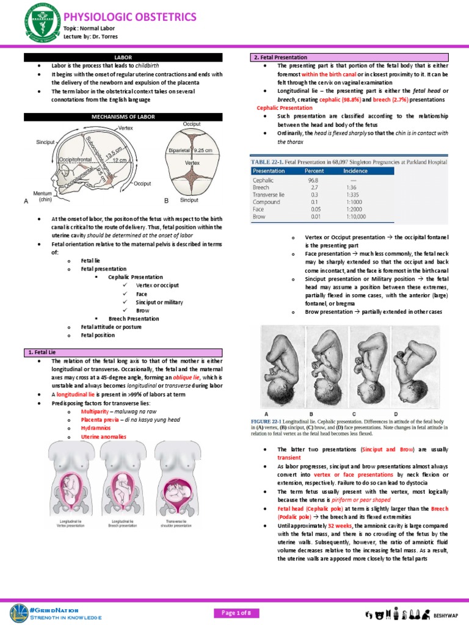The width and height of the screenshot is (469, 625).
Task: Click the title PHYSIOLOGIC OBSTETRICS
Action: pyautogui.click(x=130, y=16)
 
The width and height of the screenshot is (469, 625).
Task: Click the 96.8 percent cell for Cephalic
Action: pyautogui.click(x=314, y=181)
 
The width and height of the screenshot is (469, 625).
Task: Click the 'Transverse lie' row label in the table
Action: pyautogui.click(x=269, y=195)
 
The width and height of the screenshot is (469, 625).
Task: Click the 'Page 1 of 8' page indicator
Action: pyautogui.click(x=234, y=612)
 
